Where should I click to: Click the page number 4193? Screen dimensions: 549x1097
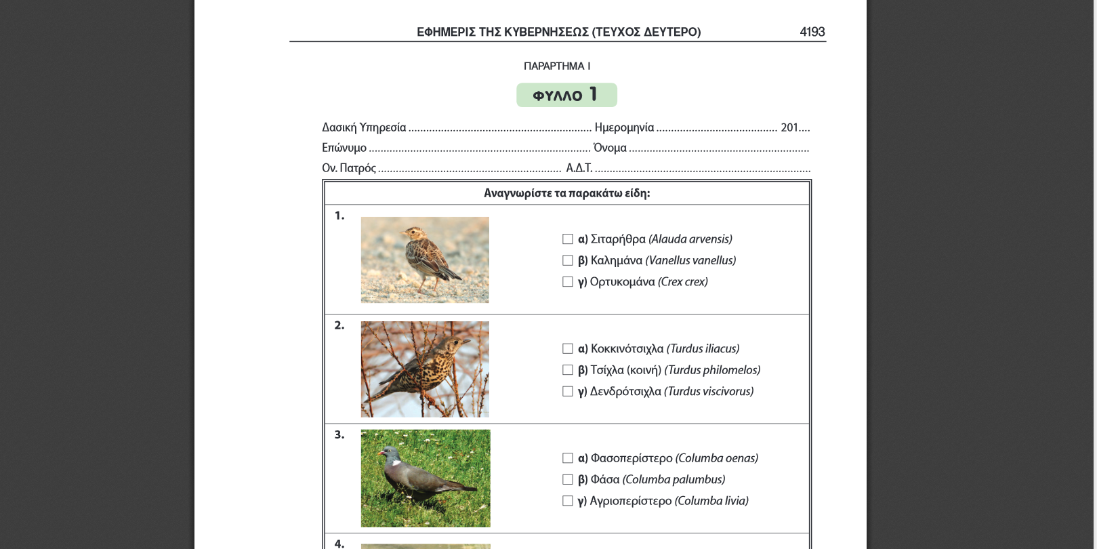[x=812, y=32]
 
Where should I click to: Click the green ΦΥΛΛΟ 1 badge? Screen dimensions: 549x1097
[x=566, y=95]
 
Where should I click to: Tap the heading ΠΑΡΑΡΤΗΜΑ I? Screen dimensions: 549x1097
[x=556, y=66]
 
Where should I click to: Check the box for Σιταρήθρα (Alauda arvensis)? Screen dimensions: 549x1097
[x=568, y=239]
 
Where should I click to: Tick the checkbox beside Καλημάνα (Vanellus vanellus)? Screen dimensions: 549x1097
[x=568, y=260]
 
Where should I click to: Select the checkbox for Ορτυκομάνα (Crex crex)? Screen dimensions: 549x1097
[x=568, y=282]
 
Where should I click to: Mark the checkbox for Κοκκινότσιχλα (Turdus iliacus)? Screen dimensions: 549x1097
[x=568, y=349]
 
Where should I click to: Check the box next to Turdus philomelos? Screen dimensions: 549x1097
[x=568, y=370]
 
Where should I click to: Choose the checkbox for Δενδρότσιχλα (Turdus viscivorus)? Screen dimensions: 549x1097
[x=568, y=392]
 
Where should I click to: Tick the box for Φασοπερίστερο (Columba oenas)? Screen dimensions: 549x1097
[x=568, y=458]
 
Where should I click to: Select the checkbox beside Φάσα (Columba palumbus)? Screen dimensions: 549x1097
[x=568, y=480]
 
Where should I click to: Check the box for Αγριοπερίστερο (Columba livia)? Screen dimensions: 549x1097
[x=568, y=501]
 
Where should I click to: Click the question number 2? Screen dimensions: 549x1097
[x=339, y=325]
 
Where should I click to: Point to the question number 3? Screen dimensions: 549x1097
[x=339, y=434]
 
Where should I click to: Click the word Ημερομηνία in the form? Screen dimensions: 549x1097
[x=624, y=127]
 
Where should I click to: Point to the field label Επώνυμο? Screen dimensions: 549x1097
[x=344, y=148]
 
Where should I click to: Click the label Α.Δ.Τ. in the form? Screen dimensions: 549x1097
[x=579, y=168]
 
